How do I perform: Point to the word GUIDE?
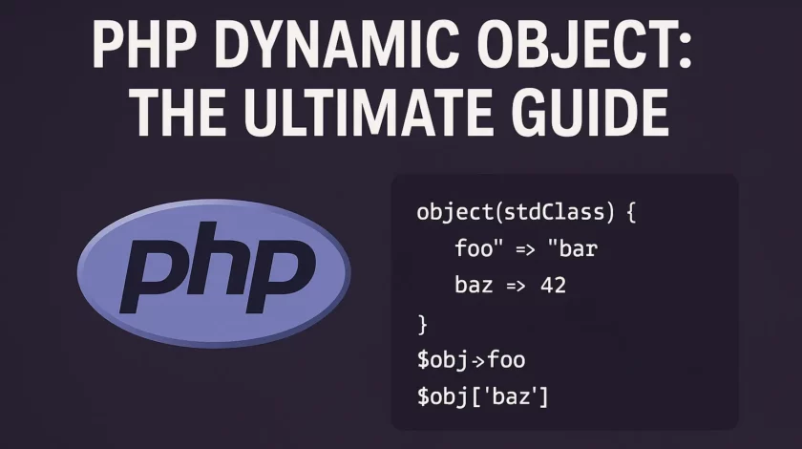(x=591, y=113)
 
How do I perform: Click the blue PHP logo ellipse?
(x=214, y=273)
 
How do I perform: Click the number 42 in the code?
(x=554, y=286)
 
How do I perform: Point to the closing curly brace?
(x=422, y=324)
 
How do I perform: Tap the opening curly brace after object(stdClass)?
(x=631, y=212)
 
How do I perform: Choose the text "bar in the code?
(x=572, y=248)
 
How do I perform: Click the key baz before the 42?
(x=474, y=286)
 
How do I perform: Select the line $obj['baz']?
(x=482, y=396)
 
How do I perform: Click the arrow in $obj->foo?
(x=477, y=361)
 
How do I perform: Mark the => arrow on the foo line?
(x=525, y=250)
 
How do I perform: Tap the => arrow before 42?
(x=516, y=287)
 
